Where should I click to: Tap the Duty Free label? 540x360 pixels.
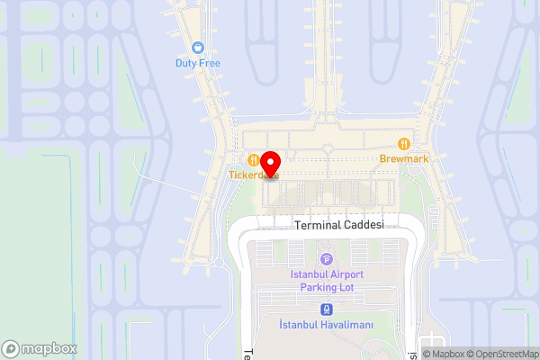(198, 63)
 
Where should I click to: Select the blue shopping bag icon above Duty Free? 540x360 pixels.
(198, 48)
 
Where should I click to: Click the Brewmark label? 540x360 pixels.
(405, 158)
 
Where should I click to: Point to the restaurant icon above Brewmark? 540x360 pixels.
(405, 143)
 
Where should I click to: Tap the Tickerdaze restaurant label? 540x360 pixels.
(253, 175)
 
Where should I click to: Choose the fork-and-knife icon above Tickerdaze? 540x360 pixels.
(254, 159)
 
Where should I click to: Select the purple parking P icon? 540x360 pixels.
(326, 258)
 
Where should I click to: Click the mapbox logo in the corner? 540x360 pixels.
(38, 348)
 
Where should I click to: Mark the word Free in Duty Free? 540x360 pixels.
(209, 63)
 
